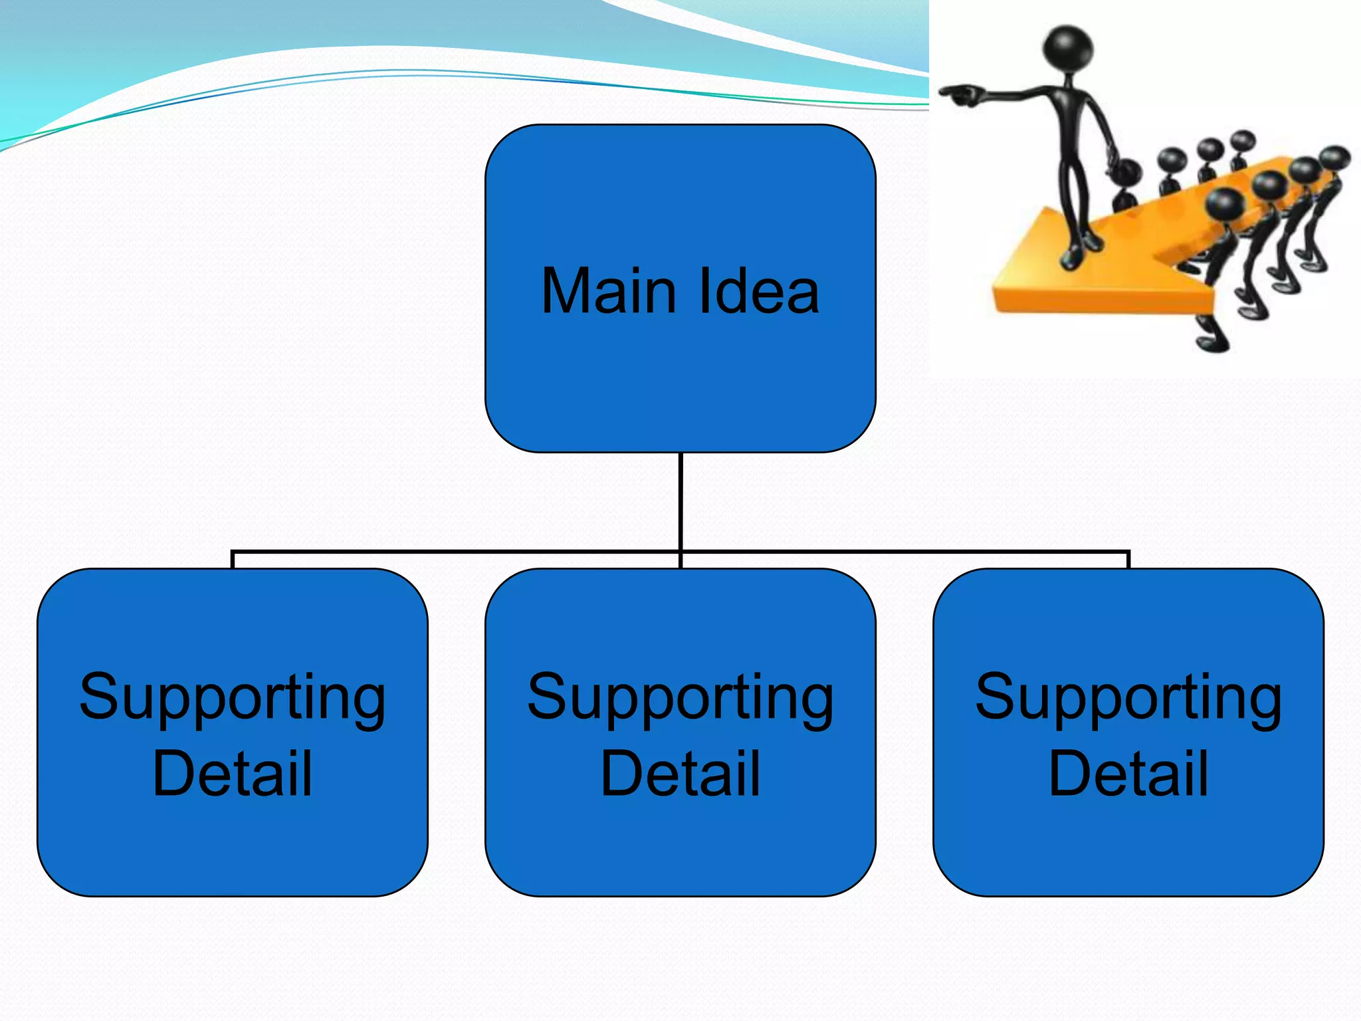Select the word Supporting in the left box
pyautogui.click(x=232, y=698)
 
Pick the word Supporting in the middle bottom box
pyautogui.click(x=680, y=698)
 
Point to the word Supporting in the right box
pyautogui.click(x=1128, y=698)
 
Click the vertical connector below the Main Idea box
pyautogui.click(x=680, y=502)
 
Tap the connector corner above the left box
pyautogui.click(x=233, y=552)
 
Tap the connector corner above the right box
pyautogui.click(x=1128, y=552)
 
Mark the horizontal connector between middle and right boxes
pyautogui.click(x=904, y=552)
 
